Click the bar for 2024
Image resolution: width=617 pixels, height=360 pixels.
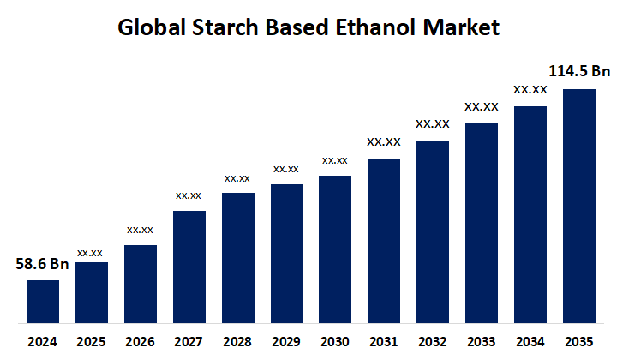[43, 302]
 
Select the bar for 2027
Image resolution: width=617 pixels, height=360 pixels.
[189, 267]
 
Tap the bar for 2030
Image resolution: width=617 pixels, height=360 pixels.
[335, 249]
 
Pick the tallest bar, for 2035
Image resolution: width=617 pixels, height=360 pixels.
[579, 206]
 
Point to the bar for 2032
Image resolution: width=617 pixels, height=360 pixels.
[433, 231]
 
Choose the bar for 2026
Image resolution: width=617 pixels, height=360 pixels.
[140, 284]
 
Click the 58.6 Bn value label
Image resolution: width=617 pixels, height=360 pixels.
[42, 264]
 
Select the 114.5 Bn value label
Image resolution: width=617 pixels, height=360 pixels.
[579, 71]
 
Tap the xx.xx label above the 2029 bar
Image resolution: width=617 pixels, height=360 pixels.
[286, 169]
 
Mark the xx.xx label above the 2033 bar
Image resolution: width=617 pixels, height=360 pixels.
[482, 107]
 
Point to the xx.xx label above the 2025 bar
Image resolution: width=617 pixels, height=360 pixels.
[90, 253]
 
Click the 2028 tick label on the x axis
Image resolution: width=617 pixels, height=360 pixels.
[237, 341]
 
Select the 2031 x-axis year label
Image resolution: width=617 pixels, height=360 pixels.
[384, 341]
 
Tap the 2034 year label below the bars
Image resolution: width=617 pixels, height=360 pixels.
[530, 341]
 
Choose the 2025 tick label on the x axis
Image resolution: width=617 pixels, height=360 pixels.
[91, 341]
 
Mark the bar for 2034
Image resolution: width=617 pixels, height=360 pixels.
[530, 214]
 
